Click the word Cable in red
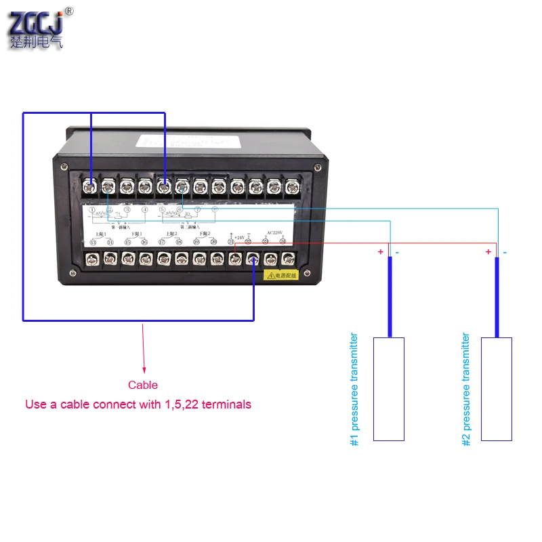(143, 385)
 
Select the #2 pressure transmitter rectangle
(497, 389)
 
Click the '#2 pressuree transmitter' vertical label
(465, 389)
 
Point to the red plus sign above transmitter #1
(381, 252)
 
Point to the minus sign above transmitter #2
(505, 252)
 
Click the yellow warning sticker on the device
(285, 275)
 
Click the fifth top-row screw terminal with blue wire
(163, 185)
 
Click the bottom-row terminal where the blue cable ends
(253, 258)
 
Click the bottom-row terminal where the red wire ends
(234, 258)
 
